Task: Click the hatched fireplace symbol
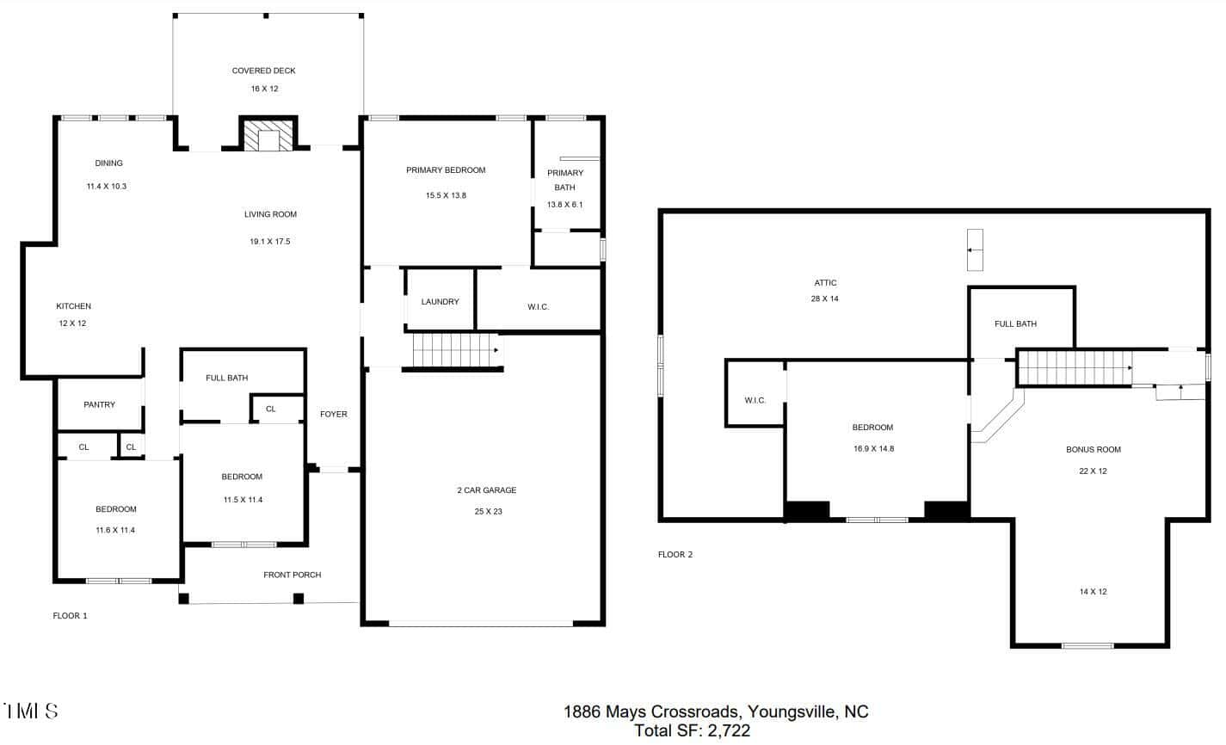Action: [268, 135]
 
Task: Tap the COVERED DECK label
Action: [264, 71]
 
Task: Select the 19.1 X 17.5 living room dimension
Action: [270, 242]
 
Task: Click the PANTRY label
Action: [99, 404]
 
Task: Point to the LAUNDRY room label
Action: [440, 302]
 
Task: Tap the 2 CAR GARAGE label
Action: [487, 489]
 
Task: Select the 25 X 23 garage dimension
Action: [488, 511]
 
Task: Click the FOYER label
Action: [333, 414]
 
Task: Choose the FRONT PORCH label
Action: [293, 575]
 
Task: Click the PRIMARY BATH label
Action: [565, 180]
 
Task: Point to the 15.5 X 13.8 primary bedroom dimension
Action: [446, 195]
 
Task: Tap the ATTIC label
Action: [825, 282]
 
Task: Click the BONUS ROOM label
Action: [1094, 449]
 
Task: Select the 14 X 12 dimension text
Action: [1093, 591]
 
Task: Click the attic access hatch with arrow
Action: [975, 250]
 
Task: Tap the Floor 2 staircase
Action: [1075, 368]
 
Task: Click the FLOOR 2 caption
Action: [675, 555]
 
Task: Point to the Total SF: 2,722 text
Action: [693, 730]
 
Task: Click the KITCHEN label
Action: [73, 306]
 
